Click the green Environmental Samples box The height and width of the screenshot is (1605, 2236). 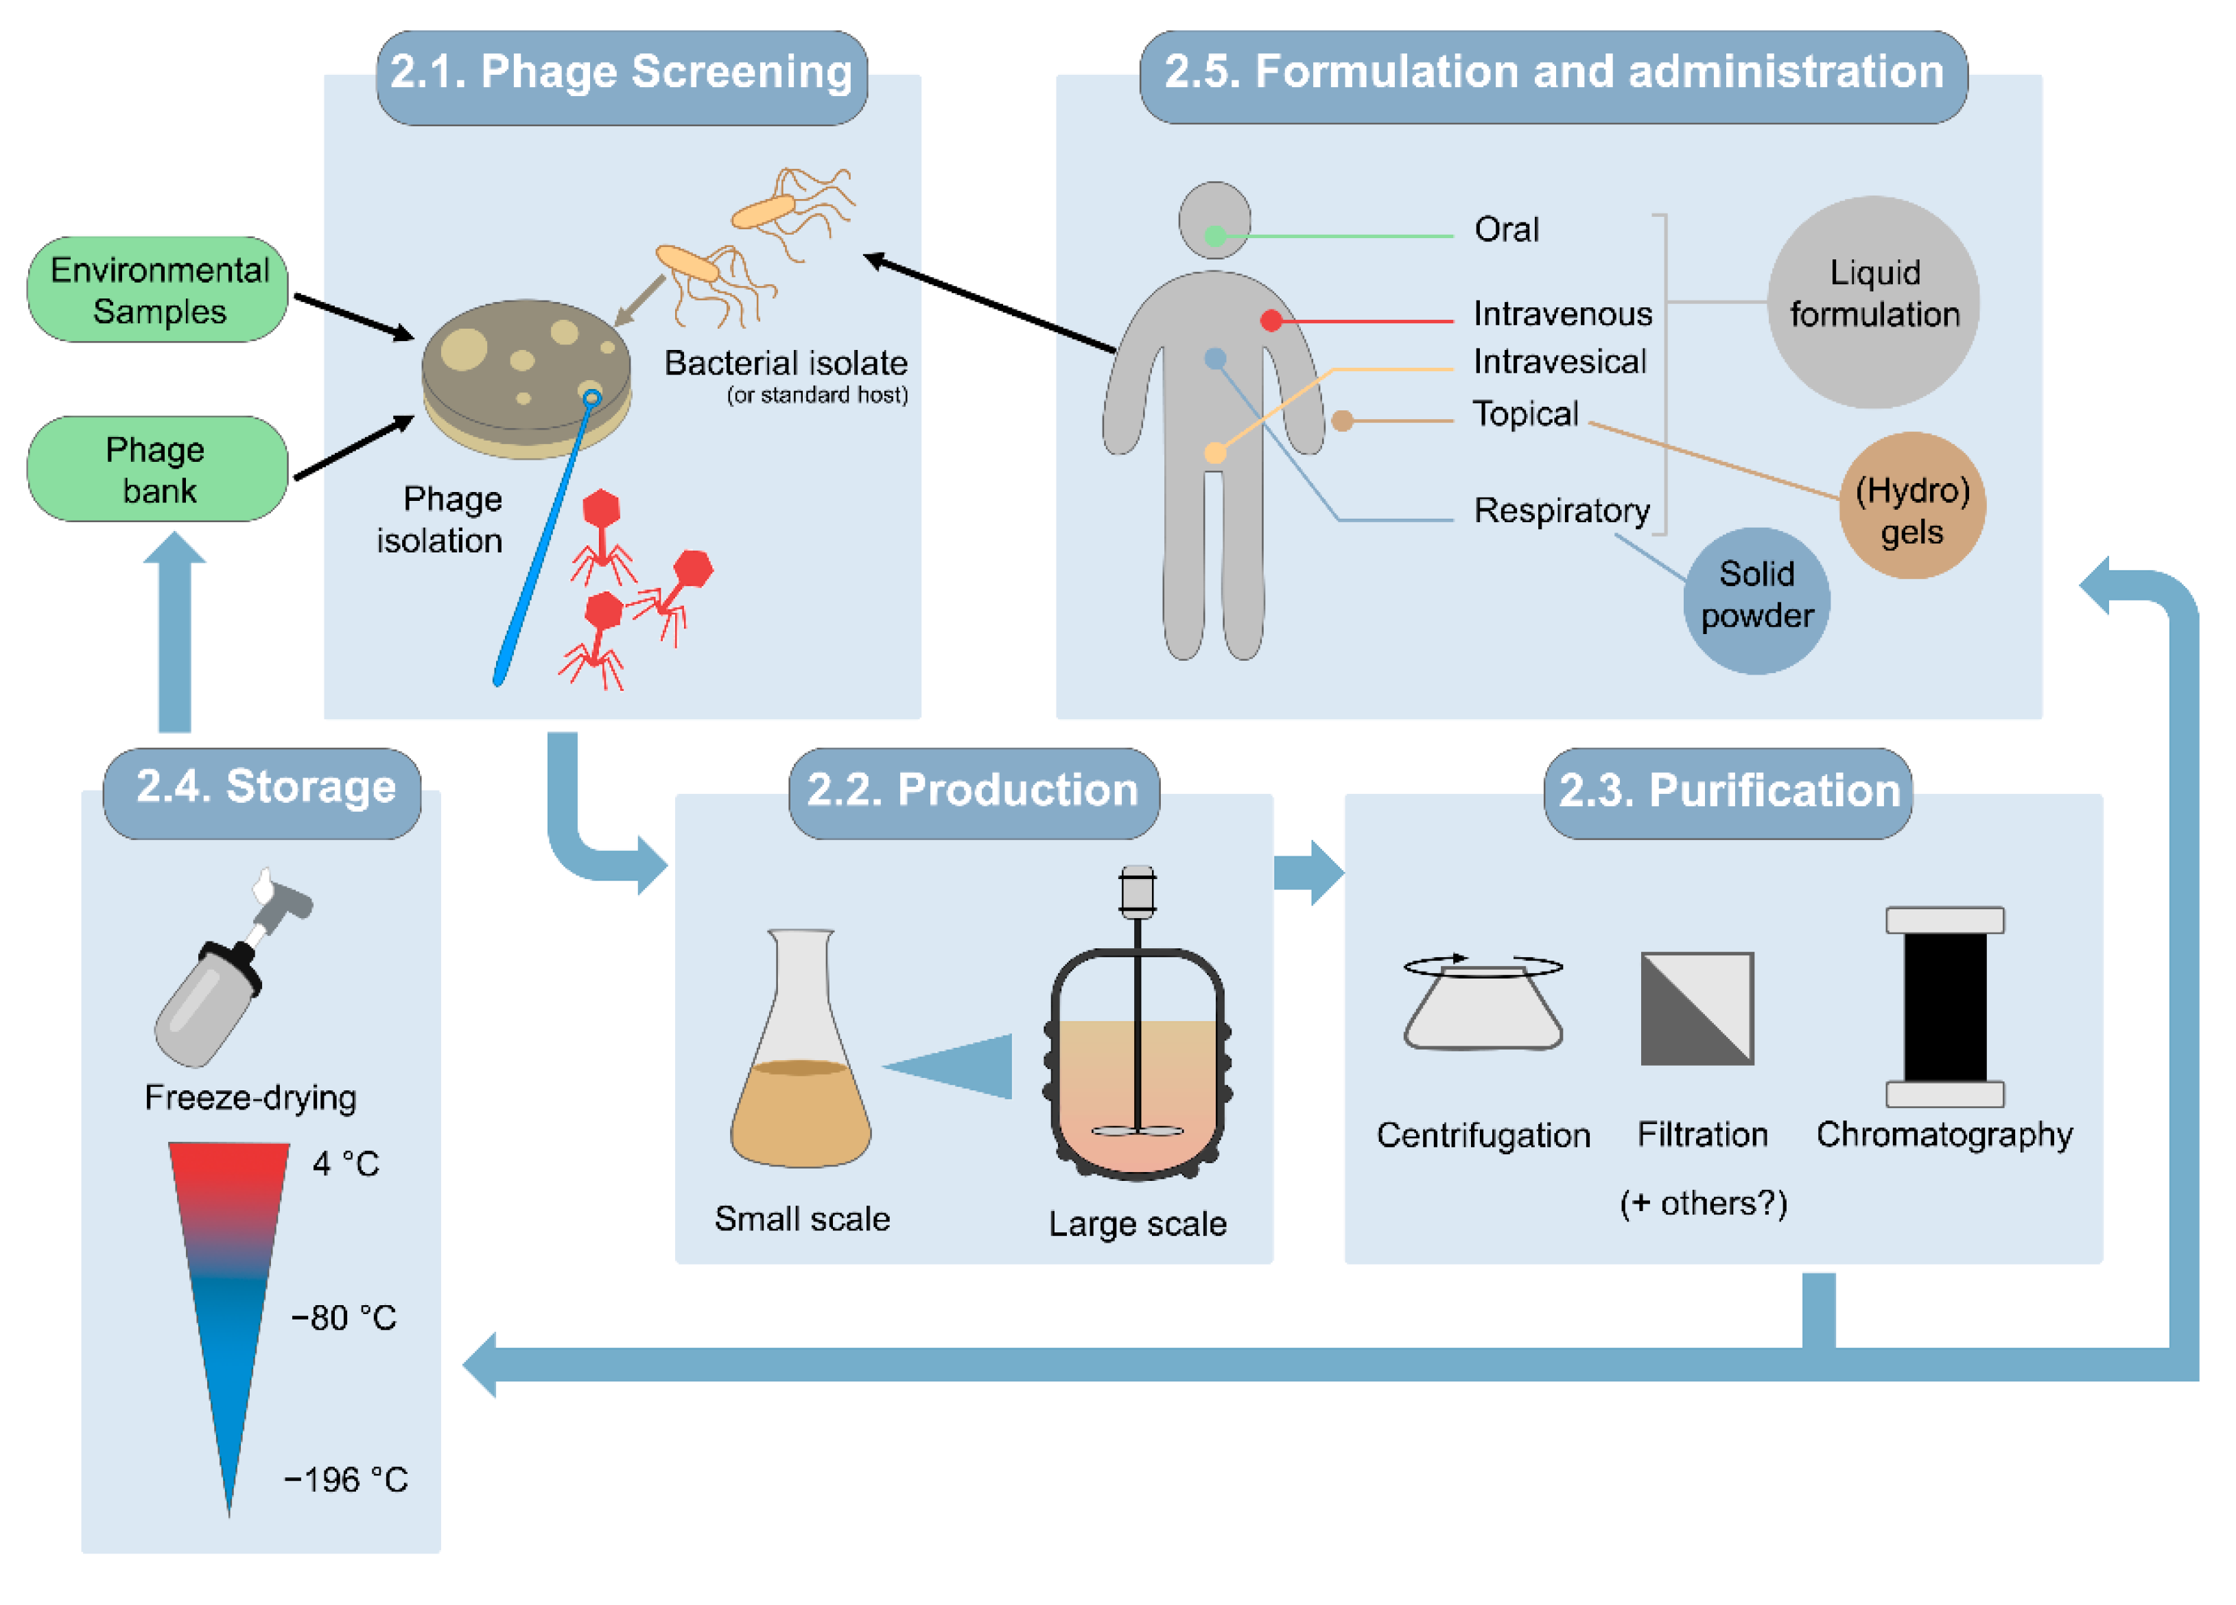click(x=158, y=290)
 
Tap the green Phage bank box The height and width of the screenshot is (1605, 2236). click(x=158, y=469)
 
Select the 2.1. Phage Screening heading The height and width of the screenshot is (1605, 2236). click(x=621, y=75)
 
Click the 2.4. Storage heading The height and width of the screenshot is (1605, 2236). click(x=264, y=788)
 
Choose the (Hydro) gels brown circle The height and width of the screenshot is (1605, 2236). click(x=1911, y=506)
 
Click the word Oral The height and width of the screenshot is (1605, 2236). click(x=1505, y=230)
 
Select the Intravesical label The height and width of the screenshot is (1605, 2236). click(x=1559, y=362)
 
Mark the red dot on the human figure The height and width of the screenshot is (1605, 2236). click(x=1271, y=320)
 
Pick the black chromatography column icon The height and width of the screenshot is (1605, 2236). click(x=1944, y=1007)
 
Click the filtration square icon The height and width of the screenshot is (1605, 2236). click(x=1697, y=1007)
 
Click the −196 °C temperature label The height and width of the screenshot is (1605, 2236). click(x=346, y=1479)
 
